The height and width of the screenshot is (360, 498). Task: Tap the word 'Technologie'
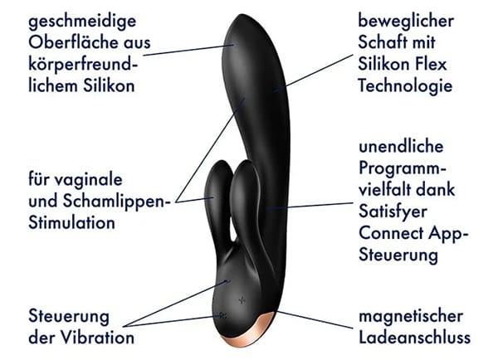pos(405,86)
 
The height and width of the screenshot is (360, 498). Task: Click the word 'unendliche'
pos(402,147)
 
